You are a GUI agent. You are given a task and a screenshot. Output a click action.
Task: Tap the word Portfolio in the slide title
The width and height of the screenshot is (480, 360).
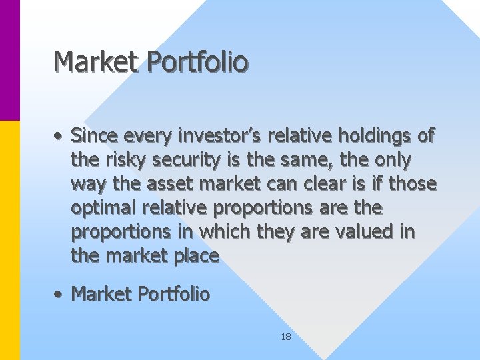click(197, 61)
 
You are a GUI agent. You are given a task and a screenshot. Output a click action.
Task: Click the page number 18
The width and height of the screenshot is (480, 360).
click(286, 337)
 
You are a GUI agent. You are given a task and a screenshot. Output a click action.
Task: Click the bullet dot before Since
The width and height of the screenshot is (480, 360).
click(60, 137)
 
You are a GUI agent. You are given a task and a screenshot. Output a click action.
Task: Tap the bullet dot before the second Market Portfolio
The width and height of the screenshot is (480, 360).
click(60, 294)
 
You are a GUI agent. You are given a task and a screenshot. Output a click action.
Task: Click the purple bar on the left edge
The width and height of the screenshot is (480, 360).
click(9, 60)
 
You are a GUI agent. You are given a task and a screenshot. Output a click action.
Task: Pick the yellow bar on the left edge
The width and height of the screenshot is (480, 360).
click(9, 240)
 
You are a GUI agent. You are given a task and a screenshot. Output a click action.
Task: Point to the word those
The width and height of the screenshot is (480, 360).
click(413, 184)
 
